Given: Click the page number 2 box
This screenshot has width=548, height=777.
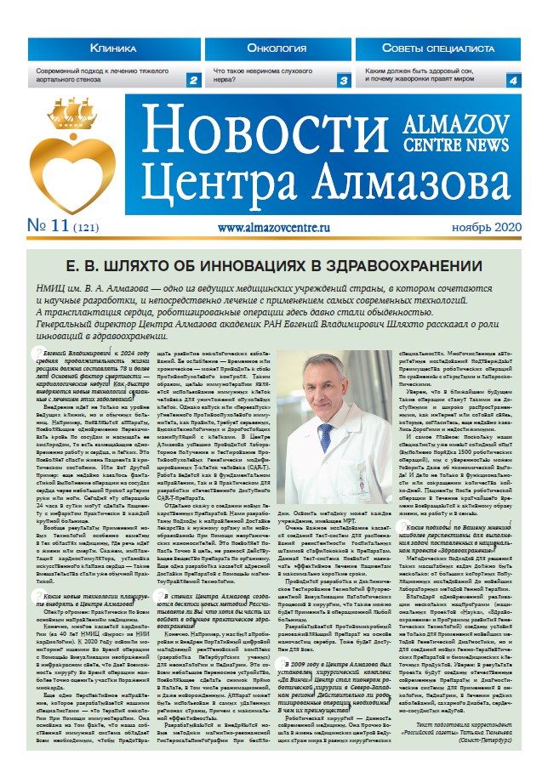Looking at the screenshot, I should (193, 80).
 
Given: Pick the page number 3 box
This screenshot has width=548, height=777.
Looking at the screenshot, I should (344, 80).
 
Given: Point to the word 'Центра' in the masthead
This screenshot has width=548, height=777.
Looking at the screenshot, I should (206, 184).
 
